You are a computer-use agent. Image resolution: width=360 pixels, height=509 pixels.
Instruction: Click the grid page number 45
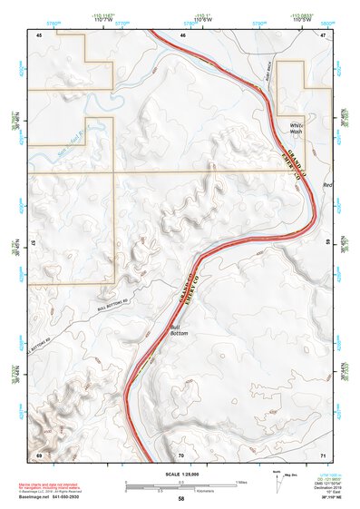(39, 34)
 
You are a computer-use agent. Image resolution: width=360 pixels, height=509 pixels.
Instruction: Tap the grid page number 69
(39, 454)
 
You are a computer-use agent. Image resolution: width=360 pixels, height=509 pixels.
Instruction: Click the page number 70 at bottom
(181, 454)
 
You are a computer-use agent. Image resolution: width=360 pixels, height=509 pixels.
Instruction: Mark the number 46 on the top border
(181, 34)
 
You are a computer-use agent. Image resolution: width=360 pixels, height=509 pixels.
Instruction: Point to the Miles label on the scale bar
(240, 481)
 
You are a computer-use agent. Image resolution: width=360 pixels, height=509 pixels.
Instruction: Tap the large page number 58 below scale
(180, 499)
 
